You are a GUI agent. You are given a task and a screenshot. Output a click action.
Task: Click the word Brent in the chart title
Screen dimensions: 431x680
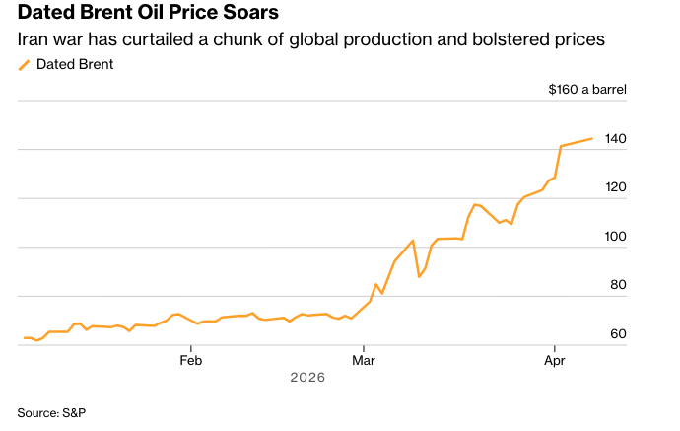pos(109,14)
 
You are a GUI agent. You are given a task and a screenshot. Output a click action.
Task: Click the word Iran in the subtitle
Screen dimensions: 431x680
pos(34,40)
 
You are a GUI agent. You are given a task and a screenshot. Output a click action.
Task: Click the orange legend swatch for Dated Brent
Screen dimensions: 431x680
pos(25,65)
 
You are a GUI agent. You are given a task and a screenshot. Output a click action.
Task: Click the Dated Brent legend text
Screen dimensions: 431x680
pos(74,65)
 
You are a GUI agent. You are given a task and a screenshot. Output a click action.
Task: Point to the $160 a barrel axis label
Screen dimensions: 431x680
pos(587,89)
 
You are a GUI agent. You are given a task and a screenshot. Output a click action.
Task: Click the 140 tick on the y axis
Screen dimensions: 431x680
pos(616,139)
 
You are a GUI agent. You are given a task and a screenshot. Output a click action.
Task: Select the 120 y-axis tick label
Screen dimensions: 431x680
pos(616,187)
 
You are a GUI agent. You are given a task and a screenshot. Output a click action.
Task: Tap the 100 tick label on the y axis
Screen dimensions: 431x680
pos(616,237)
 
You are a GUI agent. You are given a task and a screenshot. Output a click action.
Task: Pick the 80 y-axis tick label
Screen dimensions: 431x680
pos(619,285)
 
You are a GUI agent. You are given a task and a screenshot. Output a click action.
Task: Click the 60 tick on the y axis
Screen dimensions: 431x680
pos(619,334)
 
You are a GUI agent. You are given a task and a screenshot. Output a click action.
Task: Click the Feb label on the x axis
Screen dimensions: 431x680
pos(190,360)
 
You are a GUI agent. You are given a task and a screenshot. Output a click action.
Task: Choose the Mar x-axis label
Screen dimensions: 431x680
pos(364,360)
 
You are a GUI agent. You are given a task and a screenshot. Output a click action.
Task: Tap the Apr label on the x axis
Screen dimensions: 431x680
pos(556,360)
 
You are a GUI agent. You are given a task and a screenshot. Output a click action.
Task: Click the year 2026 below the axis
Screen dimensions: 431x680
pos(307,378)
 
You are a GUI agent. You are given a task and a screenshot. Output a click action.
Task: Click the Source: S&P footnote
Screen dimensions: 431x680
pos(51,411)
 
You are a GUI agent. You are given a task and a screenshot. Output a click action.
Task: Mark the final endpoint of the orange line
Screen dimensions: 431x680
pos(591,139)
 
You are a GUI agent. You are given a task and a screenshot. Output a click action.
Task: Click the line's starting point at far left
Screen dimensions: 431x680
pos(24,338)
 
